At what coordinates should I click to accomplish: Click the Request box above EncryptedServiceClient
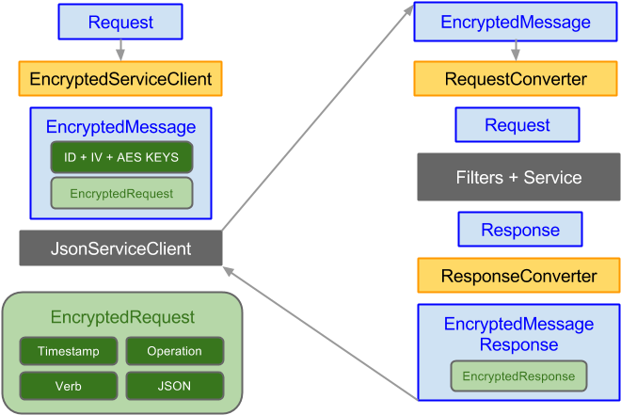(x=119, y=22)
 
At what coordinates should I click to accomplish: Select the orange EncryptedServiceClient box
(x=119, y=79)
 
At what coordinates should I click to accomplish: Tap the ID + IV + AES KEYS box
(x=120, y=156)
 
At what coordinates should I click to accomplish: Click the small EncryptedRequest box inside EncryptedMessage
(x=120, y=193)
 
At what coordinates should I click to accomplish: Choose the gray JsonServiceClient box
(x=120, y=249)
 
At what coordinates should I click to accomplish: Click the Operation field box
(x=174, y=351)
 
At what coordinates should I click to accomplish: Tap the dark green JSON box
(x=174, y=385)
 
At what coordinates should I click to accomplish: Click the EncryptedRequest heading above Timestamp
(x=122, y=317)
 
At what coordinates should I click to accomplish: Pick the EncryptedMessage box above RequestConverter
(x=516, y=23)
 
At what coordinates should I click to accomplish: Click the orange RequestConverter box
(x=516, y=79)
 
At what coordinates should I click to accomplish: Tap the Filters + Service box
(x=518, y=178)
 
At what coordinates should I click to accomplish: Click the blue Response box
(x=519, y=230)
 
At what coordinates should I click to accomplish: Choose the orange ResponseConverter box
(x=519, y=276)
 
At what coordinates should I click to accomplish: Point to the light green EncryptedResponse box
(x=519, y=376)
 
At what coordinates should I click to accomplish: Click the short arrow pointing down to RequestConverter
(x=516, y=50)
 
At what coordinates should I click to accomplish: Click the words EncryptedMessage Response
(x=519, y=334)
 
